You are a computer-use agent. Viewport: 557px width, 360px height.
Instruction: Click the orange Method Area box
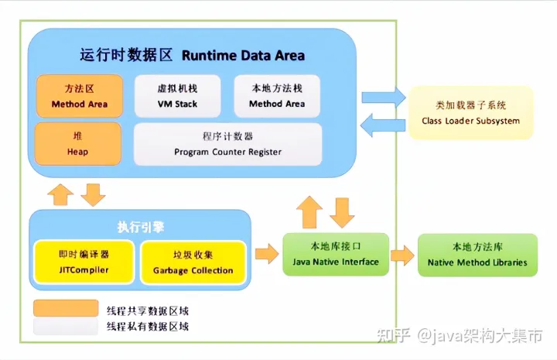coord(80,96)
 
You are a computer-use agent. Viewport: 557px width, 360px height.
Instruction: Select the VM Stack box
coord(177,96)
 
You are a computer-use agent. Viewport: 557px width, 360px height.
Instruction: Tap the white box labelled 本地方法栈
coord(277,96)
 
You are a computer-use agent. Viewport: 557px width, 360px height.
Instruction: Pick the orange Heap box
coord(78,144)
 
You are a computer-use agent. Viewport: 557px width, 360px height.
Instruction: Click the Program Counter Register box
coord(227,144)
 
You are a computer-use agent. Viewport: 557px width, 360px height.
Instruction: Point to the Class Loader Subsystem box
coord(470,113)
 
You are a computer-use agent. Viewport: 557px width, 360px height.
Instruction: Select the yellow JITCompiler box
coord(84,262)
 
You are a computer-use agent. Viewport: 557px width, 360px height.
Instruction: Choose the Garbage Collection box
coord(193,262)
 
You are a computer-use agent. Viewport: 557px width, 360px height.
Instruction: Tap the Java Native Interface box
coord(336,254)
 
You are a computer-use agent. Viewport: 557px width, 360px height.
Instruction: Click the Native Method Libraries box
coord(477,255)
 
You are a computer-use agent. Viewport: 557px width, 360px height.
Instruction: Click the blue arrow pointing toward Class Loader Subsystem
coord(384,97)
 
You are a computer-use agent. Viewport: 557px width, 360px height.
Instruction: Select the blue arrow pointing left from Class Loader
coord(383,125)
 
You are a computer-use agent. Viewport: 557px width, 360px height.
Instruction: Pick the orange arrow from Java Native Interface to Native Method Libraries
coord(402,255)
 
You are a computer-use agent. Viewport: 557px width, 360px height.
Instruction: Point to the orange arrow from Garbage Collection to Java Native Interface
coord(267,254)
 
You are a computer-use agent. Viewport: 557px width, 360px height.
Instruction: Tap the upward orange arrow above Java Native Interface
coord(309,212)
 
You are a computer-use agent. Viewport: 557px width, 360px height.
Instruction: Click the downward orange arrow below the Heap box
coord(93,195)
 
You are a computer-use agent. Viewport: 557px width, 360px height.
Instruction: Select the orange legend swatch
coord(66,308)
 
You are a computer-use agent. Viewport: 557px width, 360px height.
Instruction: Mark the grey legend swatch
coord(66,326)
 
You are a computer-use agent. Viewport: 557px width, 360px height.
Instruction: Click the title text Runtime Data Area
coord(244,56)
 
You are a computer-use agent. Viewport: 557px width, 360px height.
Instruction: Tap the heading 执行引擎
coord(141,227)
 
